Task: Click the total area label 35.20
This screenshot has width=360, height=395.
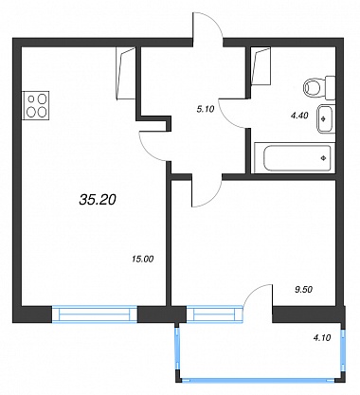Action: coord(98,200)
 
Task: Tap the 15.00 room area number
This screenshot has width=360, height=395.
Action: coord(142,260)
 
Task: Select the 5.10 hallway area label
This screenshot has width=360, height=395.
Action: coord(206,109)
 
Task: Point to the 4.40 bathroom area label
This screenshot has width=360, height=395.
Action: coord(299,116)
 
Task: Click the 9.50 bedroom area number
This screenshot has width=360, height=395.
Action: coord(303,290)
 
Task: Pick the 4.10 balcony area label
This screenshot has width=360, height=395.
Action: coord(321,338)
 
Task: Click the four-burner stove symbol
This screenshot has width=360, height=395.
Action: coord(36,105)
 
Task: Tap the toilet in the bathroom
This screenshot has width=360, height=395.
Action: coord(319,88)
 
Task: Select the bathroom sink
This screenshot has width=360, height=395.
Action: coord(325,119)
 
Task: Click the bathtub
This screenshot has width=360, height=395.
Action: coord(295,157)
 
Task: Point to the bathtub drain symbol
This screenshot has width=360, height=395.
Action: coord(323,158)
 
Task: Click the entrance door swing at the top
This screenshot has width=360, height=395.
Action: coord(207,26)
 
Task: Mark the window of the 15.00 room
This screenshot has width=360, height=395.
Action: coord(95,314)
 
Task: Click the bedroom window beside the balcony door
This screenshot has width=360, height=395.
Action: coord(215,314)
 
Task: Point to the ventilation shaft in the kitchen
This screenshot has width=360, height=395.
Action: coord(126,74)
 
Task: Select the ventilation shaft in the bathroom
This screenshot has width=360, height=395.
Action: coord(261,66)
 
